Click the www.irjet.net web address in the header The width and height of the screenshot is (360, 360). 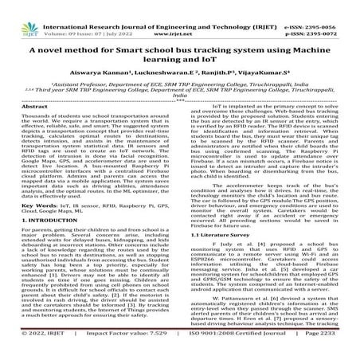tap(179, 15)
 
